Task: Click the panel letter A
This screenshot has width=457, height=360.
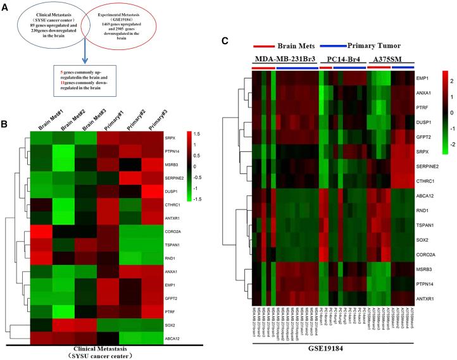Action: tap(5, 6)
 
